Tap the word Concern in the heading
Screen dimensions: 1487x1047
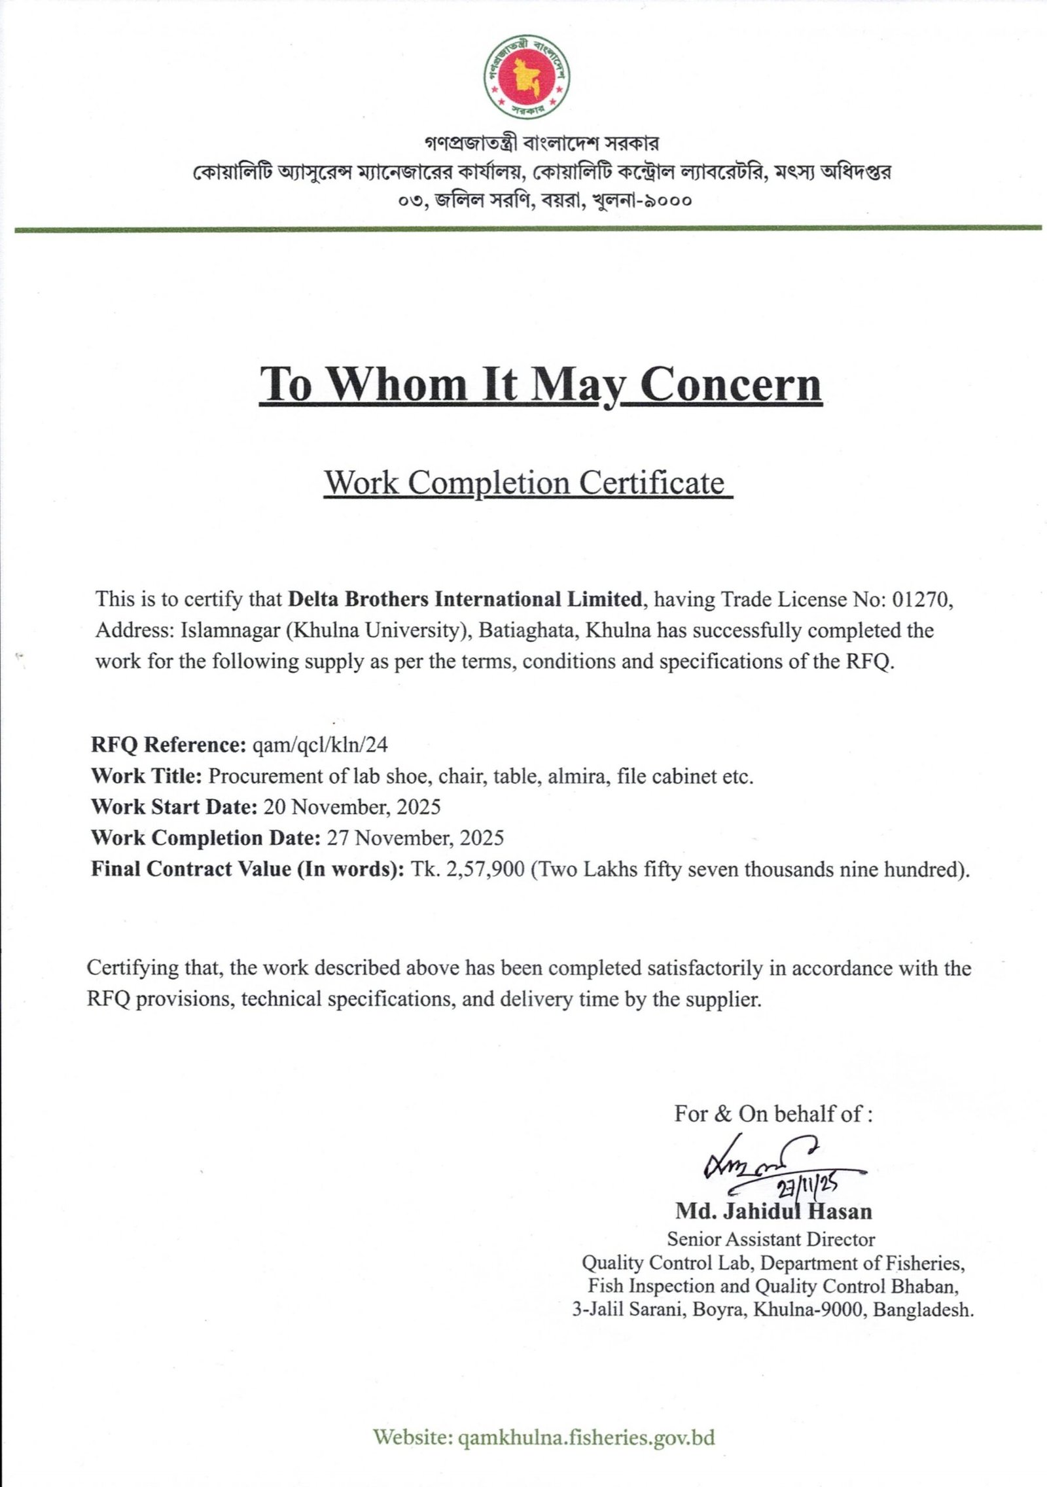[x=730, y=384]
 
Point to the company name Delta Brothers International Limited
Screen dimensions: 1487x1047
[x=465, y=600]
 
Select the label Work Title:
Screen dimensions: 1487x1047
[x=147, y=776]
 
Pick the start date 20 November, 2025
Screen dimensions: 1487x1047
[x=351, y=807]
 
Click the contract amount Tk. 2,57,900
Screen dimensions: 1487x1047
[x=467, y=869]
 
